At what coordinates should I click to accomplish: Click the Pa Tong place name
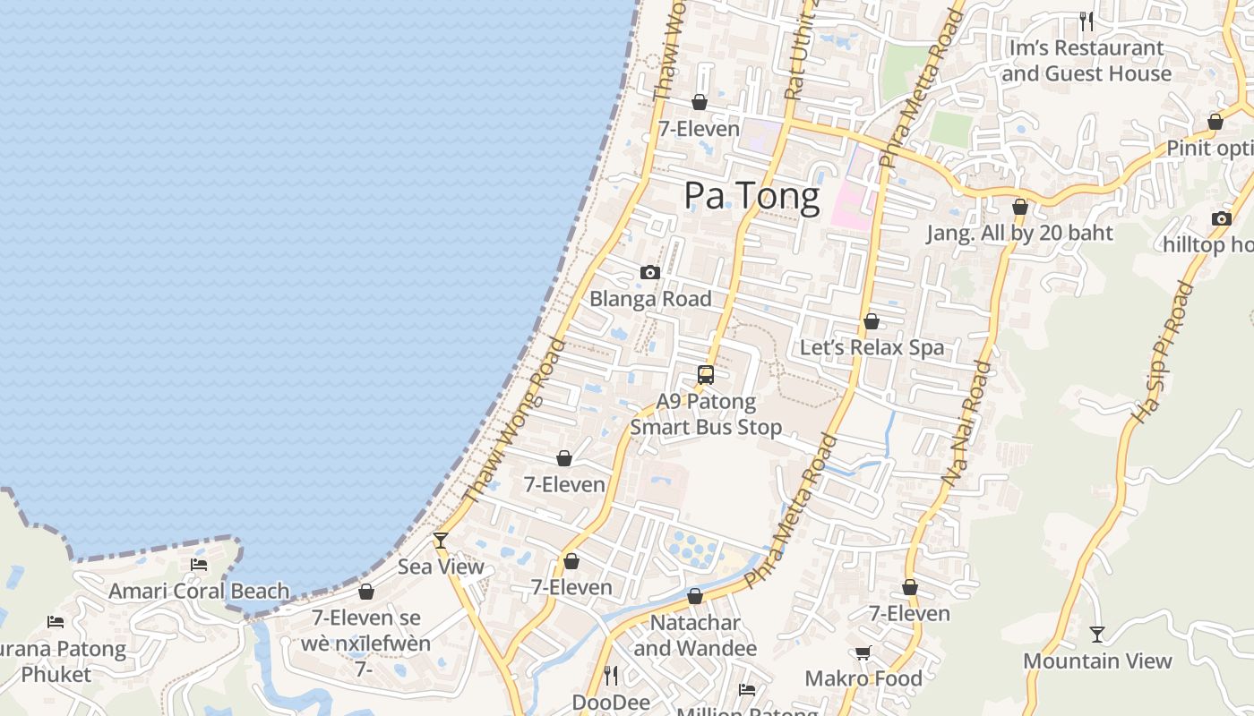[752, 196]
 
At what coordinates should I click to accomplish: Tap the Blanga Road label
[650, 299]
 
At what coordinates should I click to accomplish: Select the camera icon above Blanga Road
[650, 272]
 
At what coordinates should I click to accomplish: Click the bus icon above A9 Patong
[706, 375]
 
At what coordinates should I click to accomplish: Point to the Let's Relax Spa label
[872, 347]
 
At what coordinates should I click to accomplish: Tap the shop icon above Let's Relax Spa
[871, 321]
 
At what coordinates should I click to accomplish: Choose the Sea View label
[441, 567]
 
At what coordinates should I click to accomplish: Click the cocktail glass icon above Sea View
[440, 540]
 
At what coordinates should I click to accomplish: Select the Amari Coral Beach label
[199, 591]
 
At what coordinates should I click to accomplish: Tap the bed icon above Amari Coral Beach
[199, 564]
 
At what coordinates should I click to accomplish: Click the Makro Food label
[863, 678]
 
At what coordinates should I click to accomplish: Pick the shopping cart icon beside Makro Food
[863, 652]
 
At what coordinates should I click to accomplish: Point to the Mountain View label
[1097, 661]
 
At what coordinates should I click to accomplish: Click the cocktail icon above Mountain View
[1097, 635]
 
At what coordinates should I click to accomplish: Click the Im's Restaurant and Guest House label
[1086, 61]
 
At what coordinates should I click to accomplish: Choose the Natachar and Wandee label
[695, 635]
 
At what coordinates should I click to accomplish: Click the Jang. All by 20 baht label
[1019, 233]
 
